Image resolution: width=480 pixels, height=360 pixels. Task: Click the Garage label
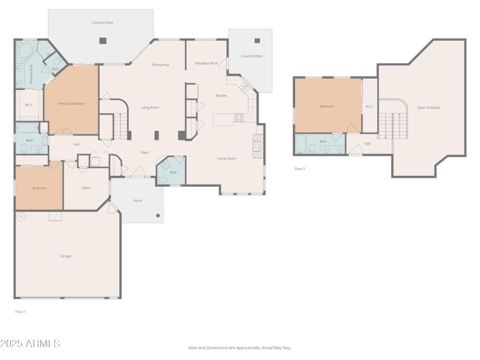[65, 256]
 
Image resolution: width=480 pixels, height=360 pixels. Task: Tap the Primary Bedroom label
[71, 104]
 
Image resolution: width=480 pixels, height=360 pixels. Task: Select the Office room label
[86, 188]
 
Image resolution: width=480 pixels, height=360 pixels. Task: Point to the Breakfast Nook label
[206, 63]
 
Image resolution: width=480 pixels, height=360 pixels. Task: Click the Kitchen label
[221, 95]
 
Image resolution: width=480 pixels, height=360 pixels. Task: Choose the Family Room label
[226, 158]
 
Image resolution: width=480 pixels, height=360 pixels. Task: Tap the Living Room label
[149, 107]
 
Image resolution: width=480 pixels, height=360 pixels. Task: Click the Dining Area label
[160, 65]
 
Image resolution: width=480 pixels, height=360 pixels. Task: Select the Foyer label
[145, 152]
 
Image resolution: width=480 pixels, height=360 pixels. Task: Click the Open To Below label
[428, 107]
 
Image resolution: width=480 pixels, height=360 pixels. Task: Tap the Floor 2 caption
[300, 169]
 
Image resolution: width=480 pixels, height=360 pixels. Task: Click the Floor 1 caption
[20, 311]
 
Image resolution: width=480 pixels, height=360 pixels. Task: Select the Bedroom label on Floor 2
[326, 106]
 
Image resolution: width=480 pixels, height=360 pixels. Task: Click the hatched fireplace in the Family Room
[258, 146]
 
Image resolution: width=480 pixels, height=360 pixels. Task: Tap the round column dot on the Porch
[158, 215]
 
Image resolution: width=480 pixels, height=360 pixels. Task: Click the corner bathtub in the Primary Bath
[26, 50]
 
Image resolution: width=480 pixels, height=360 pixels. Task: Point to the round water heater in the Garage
[21, 217]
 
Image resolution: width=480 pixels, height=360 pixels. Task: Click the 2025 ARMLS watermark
[30, 344]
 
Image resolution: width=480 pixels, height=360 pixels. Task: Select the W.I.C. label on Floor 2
[370, 107]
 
